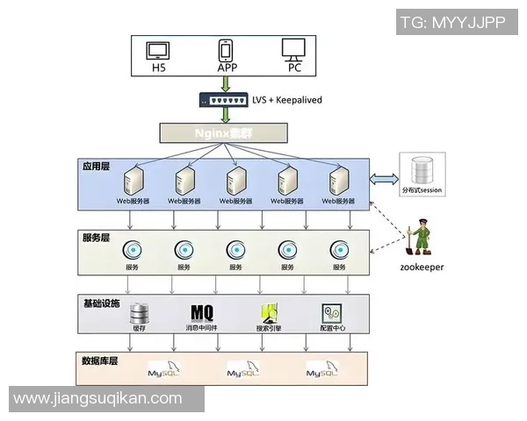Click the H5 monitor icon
click(159, 49)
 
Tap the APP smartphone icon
click(227, 49)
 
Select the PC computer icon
click(293, 49)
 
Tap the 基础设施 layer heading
click(101, 303)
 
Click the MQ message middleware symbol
click(203, 312)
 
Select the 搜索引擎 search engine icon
click(269, 313)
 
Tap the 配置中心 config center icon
click(331, 313)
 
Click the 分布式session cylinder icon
click(423, 169)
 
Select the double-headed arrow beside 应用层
click(384, 180)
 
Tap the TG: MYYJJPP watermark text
click(453, 23)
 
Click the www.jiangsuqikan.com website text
click(98, 399)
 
